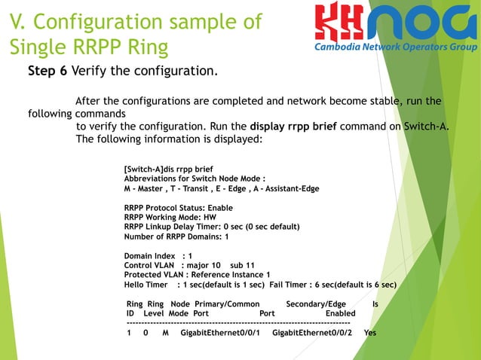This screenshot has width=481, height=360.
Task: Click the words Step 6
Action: click(x=47, y=72)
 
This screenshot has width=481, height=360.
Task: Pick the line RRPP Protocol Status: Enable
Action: click(x=178, y=207)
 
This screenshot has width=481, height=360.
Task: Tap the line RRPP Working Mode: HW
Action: click(x=170, y=217)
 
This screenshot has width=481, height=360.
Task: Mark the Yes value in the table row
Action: click(x=369, y=332)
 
